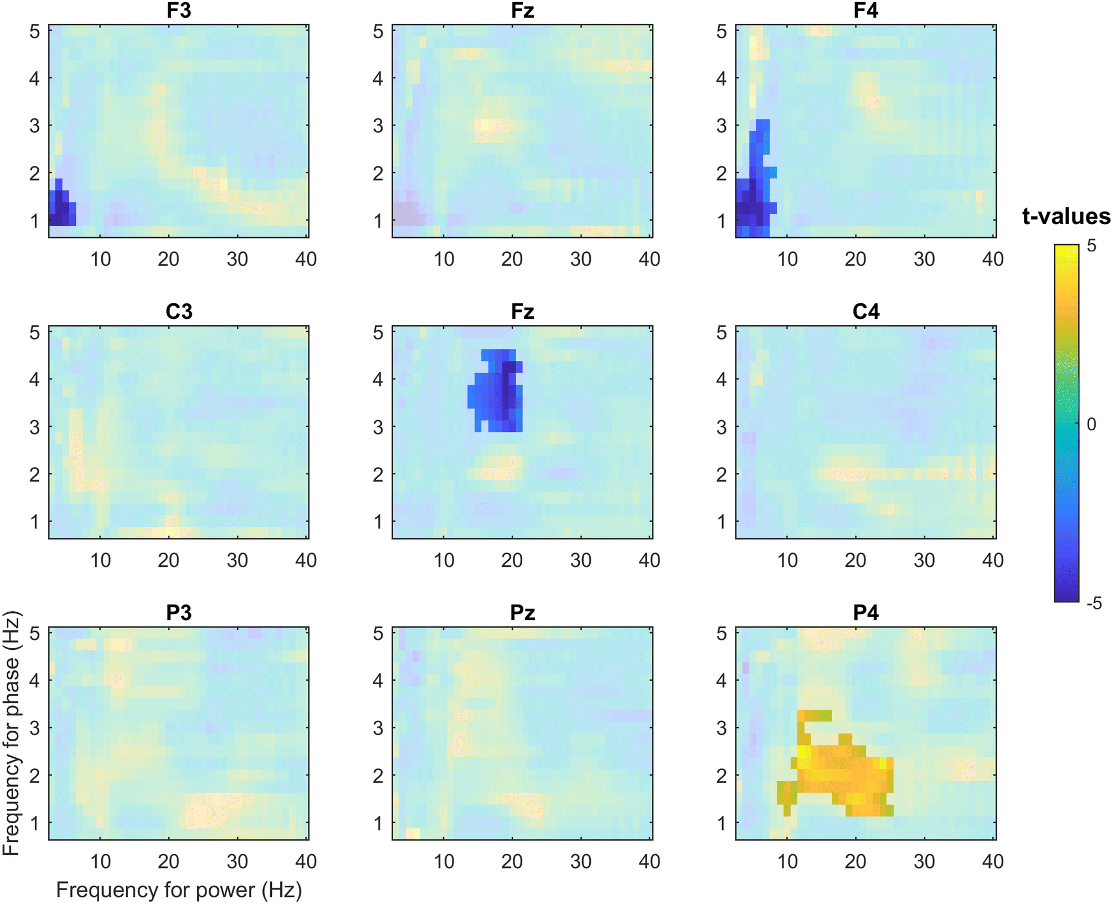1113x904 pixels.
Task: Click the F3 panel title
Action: [x=179, y=11]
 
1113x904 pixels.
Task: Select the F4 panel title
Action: [x=865, y=11]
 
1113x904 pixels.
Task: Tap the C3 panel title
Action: [x=179, y=312]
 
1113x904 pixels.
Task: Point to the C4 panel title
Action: [x=866, y=312]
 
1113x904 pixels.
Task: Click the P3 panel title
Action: [x=179, y=613]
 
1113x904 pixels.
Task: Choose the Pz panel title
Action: [x=522, y=613]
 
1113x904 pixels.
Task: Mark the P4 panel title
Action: [x=866, y=613]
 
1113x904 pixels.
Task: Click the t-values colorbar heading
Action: [x=1066, y=216]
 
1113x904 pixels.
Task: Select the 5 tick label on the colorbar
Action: [x=1091, y=246]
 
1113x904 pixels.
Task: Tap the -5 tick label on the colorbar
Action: [x=1094, y=603]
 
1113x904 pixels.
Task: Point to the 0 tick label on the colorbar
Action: [x=1091, y=425]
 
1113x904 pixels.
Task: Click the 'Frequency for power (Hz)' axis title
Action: [x=179, y=890]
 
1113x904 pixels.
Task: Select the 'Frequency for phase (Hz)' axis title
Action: [x=11, y=733]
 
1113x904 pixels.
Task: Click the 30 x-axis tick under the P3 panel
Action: [x=238, y=861]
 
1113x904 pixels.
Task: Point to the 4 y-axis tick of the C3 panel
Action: [x=34, y=380]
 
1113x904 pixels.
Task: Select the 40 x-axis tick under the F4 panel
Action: [x=993, y=259]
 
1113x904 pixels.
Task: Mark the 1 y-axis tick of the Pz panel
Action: [x=378, y=823]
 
